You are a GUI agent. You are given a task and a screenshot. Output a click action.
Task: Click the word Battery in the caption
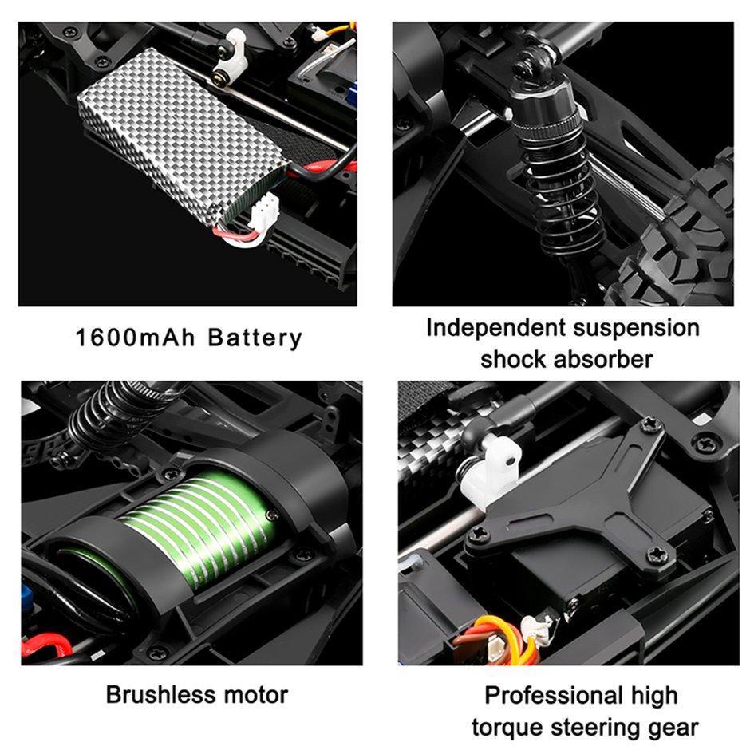tap(255, 338)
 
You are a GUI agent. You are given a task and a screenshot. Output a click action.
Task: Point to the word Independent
tap(496, 328)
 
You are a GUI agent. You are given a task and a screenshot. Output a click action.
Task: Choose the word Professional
tap(554, 695)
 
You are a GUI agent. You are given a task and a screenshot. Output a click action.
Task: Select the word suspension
tap(636, 329)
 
